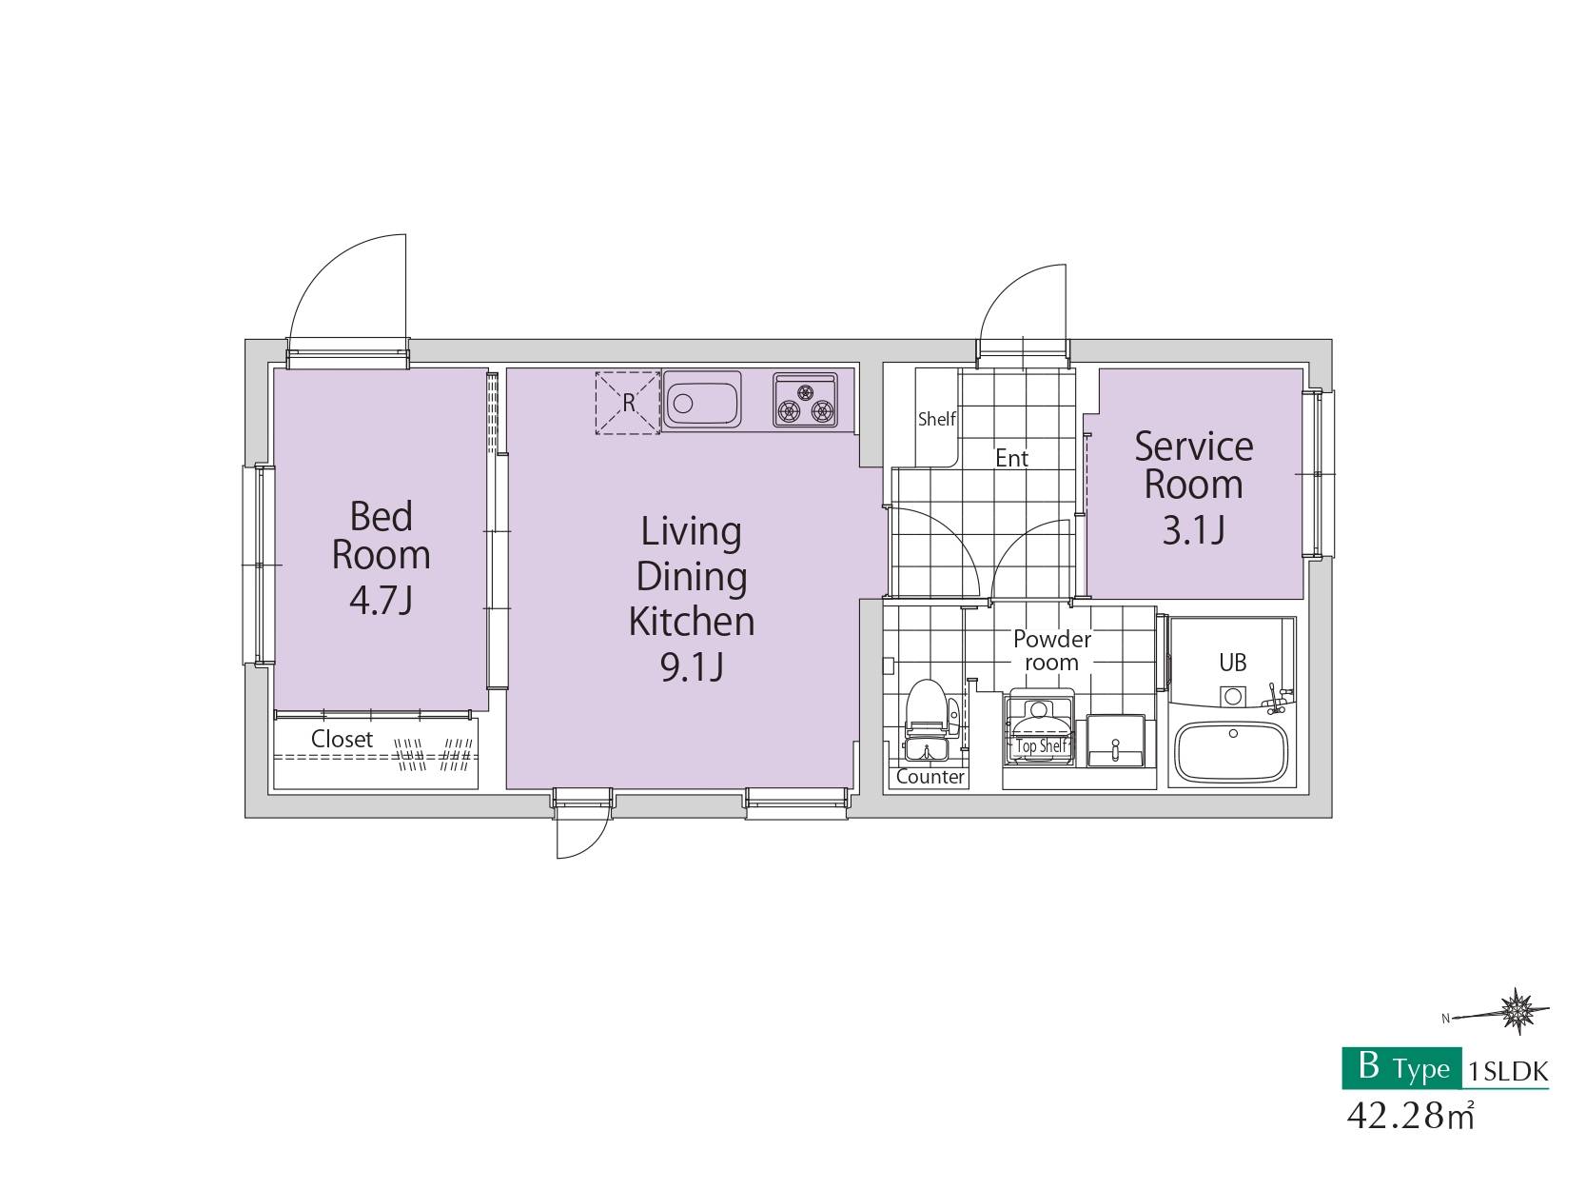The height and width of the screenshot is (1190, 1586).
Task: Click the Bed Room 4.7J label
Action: tap(381, 557)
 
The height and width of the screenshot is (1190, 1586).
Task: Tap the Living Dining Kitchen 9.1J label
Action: tap(692, 599)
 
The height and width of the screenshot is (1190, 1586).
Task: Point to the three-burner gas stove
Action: tap(805, 400)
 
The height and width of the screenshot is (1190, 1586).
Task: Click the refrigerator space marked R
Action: tap(627, 403)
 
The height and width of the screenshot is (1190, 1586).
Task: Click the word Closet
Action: tap(342, 739)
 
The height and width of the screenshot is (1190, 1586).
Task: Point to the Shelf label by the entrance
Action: tap(936, 419)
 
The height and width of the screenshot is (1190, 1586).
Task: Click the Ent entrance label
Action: tap(1011, 458)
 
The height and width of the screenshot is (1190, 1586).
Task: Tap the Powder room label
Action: tap(1052, 650)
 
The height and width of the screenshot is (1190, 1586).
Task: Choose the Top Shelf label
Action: tap(1041, 745)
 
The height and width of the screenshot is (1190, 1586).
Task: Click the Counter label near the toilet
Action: tap(930, 777)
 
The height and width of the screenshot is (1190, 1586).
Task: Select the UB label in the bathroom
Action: tap(1233, 663)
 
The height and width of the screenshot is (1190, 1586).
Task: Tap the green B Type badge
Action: tap(1401, 1068)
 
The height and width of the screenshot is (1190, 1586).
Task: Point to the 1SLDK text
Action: tap(1507, 1071)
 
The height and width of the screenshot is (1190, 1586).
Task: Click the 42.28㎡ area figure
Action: tap(1410, 1116)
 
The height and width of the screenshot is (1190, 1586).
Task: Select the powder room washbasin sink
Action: tap(1115, 741)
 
